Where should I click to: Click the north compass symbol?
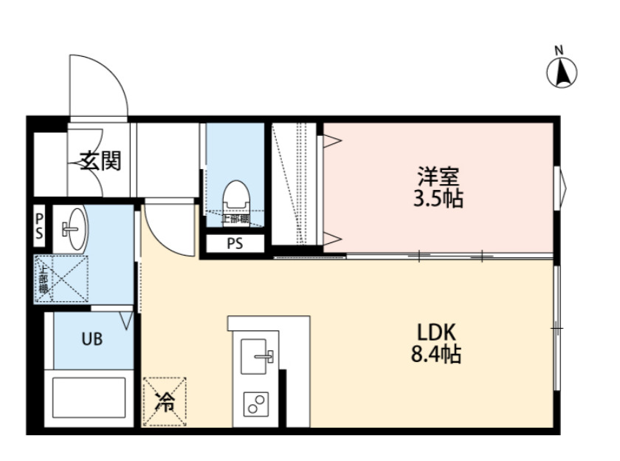tap(562, 72)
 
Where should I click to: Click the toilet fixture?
tap(236, 195)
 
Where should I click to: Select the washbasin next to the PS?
tap(73, 229)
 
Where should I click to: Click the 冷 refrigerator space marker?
tap(165, 401)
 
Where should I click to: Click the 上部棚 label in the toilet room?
tap(234, 219)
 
